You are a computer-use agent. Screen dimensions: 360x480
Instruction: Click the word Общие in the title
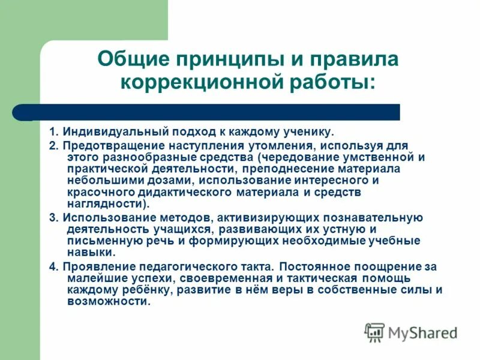[132, 59]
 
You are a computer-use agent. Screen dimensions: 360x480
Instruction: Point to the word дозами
[169, 180]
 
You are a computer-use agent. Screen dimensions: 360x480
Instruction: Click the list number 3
[52, 218]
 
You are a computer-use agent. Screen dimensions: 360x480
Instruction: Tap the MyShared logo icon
[375, 332]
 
